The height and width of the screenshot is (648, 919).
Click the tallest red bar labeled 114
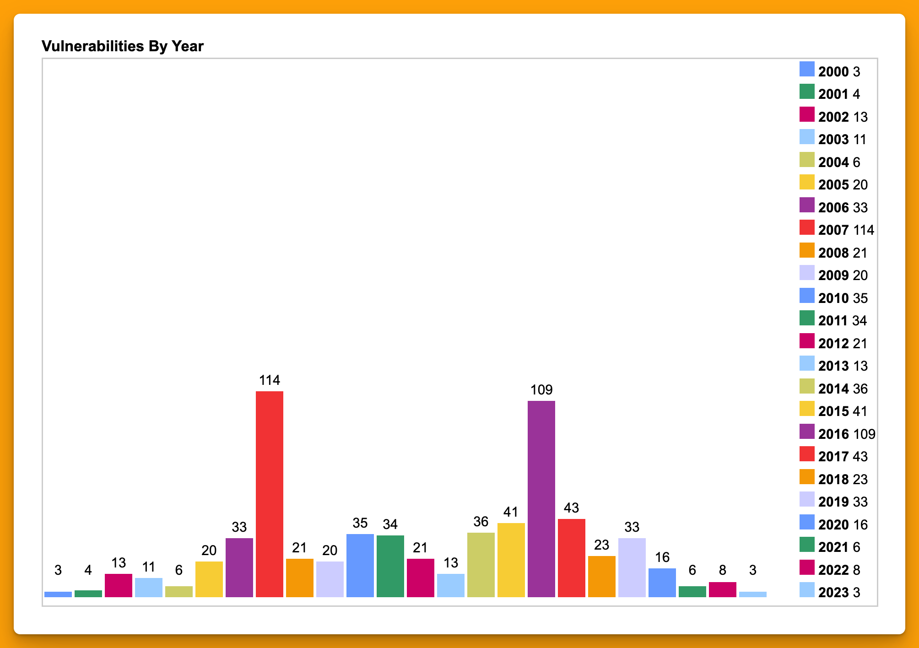coord(269,494)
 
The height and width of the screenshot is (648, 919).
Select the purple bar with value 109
coord(541,499)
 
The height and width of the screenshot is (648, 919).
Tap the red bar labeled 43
coord(571,558)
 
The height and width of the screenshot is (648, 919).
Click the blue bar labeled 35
coord(360,565)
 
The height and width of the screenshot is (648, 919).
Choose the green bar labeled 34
coord(390,566)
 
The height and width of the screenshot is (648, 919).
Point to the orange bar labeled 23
coord(601,576)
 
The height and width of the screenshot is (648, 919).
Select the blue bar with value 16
coord(662,583)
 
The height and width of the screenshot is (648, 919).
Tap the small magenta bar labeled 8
coord(722,589)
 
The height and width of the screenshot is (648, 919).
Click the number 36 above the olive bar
coord(481,522)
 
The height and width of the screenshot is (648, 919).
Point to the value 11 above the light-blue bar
coord(148,567)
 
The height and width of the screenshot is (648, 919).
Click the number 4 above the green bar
coord(88,570)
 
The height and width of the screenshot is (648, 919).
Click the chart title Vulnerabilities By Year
coord(122,46)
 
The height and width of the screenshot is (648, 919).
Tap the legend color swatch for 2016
coord(807,432)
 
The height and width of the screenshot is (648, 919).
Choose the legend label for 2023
coord(833,593)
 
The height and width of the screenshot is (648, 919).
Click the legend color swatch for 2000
coord(807,69)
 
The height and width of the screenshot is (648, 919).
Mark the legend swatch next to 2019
coord(807,499)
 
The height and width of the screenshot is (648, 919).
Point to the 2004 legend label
coord(833,162)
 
